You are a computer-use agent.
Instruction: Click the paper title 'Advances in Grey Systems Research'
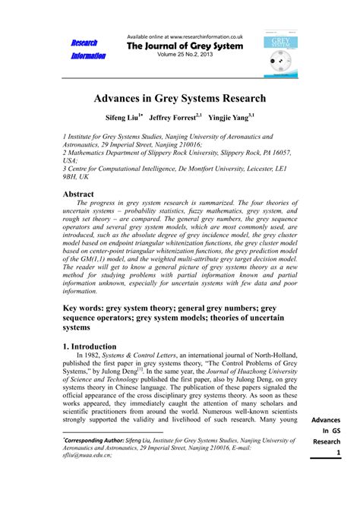point(180,100)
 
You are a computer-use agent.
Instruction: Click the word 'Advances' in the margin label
point(327,422)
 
